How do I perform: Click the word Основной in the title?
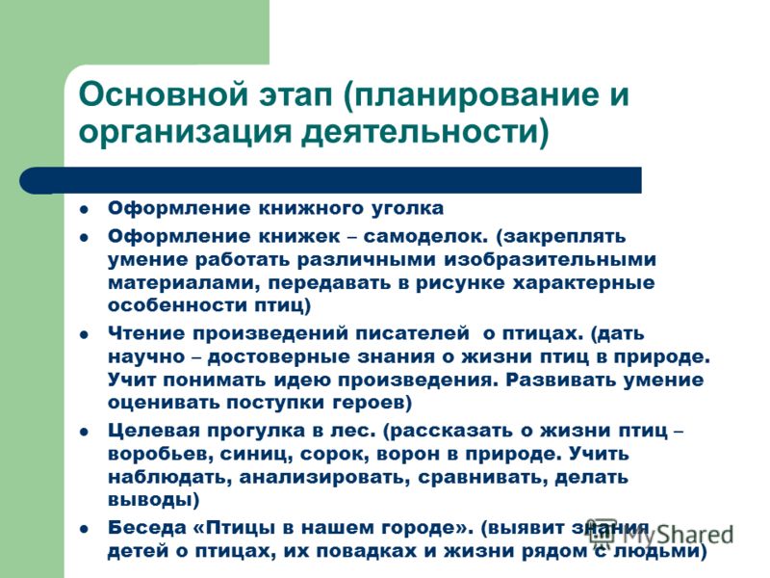pos(163,93)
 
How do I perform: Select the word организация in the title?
pos(185,133)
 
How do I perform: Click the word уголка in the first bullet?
pos(404,208)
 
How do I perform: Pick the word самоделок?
pos(425,236)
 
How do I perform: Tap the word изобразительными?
pos(550,259)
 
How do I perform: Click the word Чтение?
pos(145,333)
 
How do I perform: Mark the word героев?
pos(372,403)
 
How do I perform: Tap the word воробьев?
pos(160,454)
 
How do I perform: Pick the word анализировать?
pos(324,478)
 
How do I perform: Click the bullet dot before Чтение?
pos(85,334)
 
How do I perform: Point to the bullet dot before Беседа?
pos(85,529)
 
